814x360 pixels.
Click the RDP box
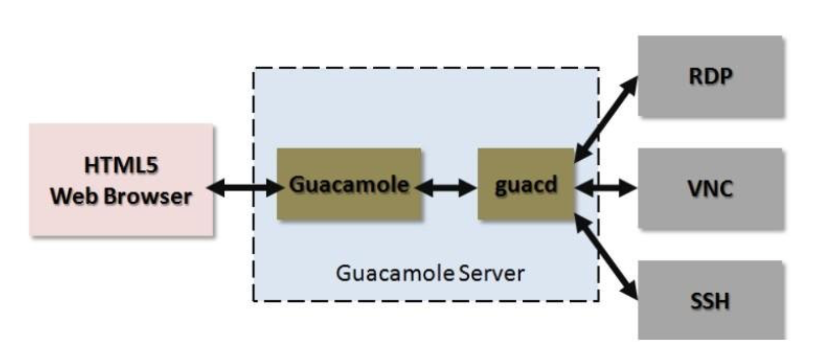(710, 75)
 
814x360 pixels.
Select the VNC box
(710, 188)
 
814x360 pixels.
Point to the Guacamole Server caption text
(430, 272)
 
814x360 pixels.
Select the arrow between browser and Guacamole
(244, 187)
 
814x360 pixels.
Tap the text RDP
(710, 75)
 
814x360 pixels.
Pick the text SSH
(710, 301)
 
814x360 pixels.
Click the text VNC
(710, 188)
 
